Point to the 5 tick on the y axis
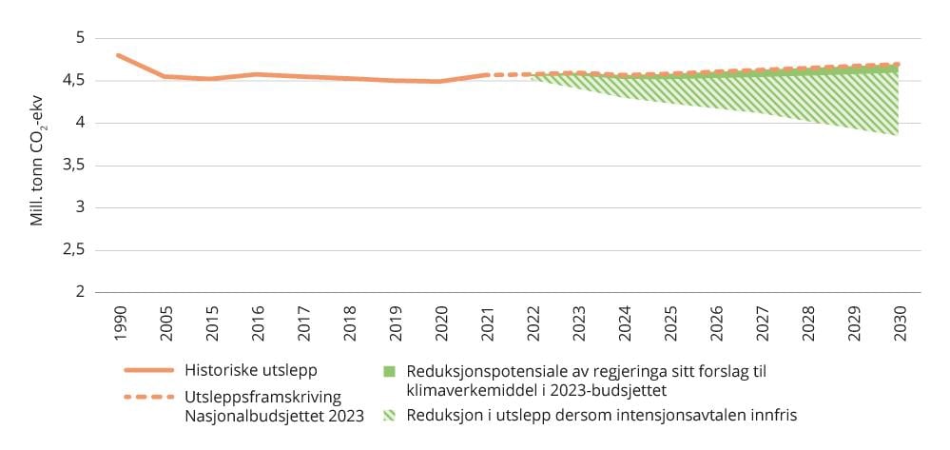click(x=79, y=38)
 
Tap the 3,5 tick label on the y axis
click(x=73, y=165)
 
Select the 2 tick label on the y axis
click(x=79, y=292)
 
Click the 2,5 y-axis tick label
click(x=73, y=249)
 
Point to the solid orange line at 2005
click(x=164, y=76)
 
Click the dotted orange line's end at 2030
click(x=897, y=64)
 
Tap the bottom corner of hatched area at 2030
click(x=897, y=135)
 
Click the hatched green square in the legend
click(x=387, y=415)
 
